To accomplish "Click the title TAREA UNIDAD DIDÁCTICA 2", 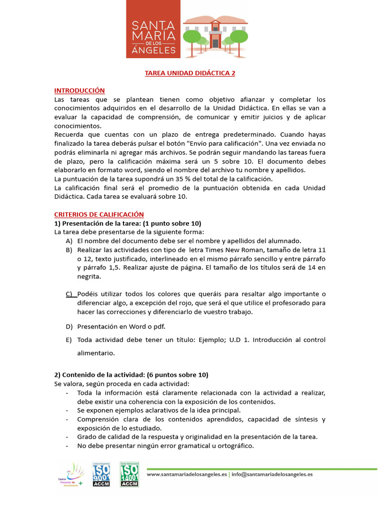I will point(190,73).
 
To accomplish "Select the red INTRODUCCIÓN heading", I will point(79,90).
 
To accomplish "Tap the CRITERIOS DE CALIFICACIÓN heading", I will point(99,214).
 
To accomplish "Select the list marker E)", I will point(69,340).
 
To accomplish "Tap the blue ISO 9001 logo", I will point(101,475).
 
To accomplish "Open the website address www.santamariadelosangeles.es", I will point(187,475).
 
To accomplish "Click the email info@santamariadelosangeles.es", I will point(272,475).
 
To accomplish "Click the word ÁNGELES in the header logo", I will point(154,50).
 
